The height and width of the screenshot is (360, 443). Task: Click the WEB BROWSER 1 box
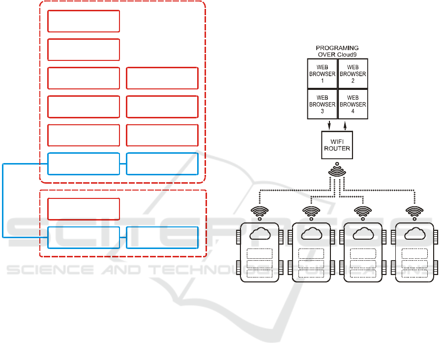322,74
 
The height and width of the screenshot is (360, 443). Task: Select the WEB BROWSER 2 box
353,74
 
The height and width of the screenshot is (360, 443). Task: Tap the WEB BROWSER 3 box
322,104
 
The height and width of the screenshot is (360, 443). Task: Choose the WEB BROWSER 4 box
353,104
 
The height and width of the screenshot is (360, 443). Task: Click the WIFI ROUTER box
337,145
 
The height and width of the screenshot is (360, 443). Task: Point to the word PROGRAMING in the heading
337,48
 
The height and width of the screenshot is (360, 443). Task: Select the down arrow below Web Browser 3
329,125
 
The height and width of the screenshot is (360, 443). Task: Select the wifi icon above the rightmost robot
414,212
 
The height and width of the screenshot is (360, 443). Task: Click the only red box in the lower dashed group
84,209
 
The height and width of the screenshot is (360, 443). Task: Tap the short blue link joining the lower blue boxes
123,238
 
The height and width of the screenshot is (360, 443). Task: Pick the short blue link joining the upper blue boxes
123,164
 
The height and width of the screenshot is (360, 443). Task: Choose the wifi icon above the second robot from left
311,212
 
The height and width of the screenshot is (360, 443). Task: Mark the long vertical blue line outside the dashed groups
3,200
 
